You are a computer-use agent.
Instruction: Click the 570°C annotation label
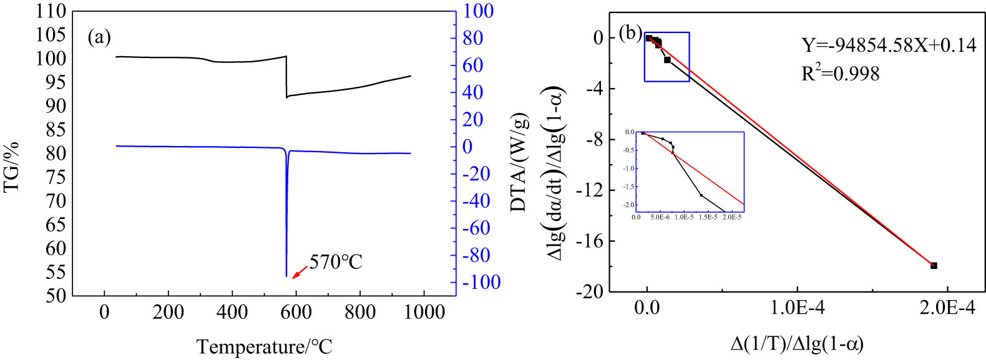tap(336, 261)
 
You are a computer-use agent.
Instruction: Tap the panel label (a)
tap(99, 37)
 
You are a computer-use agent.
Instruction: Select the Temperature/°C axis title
tap(264, 346)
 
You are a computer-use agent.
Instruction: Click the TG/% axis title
tap(12, 167)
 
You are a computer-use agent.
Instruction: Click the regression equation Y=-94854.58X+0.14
tap(889, 45)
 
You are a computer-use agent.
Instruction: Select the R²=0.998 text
tap(840, 74)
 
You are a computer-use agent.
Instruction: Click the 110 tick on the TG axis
tap(51, 11)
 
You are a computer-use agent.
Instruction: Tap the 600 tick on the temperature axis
tap(296, 312)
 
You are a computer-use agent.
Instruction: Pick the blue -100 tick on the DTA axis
tap(481, 282)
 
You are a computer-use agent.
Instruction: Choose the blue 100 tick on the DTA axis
tap(478, 11)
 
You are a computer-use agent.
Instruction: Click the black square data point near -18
tap(934, 266)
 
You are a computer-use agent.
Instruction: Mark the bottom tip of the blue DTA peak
tap(286, 276)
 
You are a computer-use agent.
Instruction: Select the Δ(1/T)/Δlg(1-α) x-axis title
tap(797, 343)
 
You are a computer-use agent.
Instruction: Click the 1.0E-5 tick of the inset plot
tap(684, 218)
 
